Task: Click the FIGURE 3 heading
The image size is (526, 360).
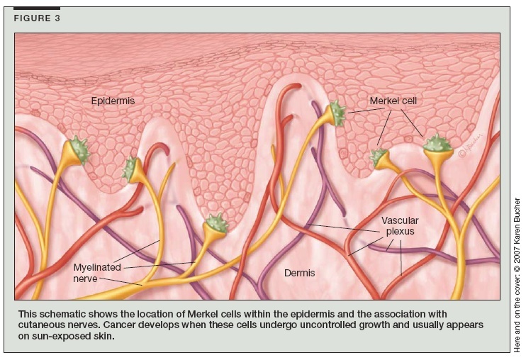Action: [37, 18]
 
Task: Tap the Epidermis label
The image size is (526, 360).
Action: [113, 101]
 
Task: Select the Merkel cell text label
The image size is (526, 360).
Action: [393, 101]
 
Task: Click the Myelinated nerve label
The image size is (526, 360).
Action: [97, 273]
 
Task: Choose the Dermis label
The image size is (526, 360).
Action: [299, 272]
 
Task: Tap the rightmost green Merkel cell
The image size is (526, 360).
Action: [437, 145]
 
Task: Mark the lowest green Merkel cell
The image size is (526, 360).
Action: [215, 225]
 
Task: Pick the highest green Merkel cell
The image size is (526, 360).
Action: [336, 113]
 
